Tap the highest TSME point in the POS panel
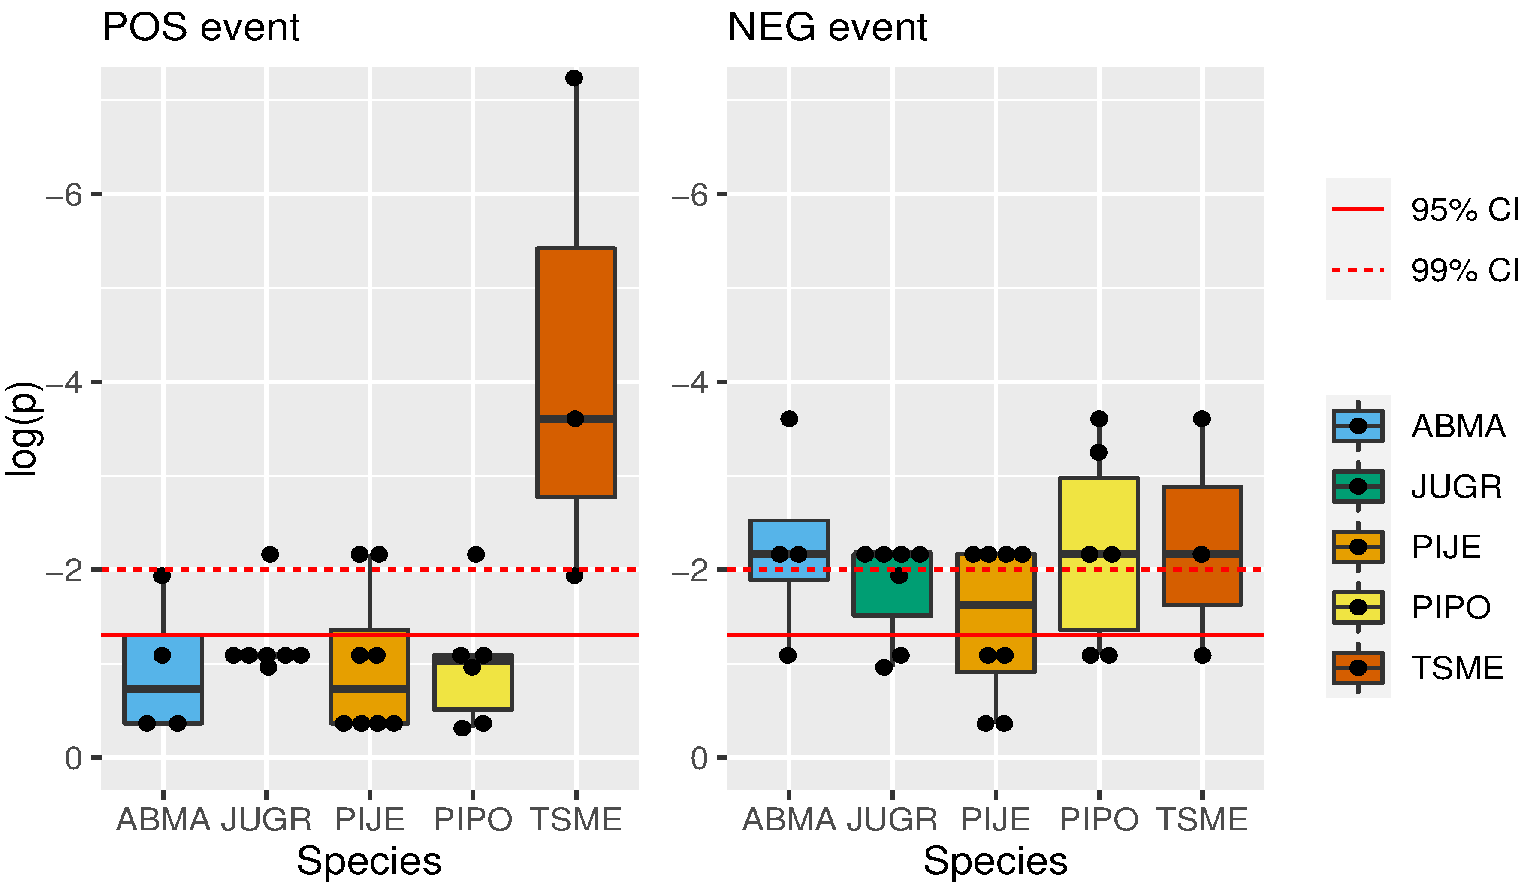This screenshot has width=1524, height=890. click(x=574, y=78)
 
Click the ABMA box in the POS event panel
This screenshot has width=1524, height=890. click(x=163, y=679)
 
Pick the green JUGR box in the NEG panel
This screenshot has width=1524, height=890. click(x=892, y=584)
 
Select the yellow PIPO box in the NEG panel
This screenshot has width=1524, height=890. click(x=1099, y=554)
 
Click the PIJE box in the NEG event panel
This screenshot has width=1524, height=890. click(x=996, y=613)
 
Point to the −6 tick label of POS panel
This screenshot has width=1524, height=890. click(x=64, y=195)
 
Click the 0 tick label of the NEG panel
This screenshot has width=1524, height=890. click(x=699, y=758)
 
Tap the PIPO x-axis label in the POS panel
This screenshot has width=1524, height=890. click(x=473, y=820)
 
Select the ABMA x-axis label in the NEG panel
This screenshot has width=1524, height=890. click(x=789, y=820)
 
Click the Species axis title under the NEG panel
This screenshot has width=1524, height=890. click(x=996, y=861)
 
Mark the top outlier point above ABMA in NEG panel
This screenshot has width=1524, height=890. click(x=789, y=418)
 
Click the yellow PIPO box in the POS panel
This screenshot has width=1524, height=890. click(x=473, y=682)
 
